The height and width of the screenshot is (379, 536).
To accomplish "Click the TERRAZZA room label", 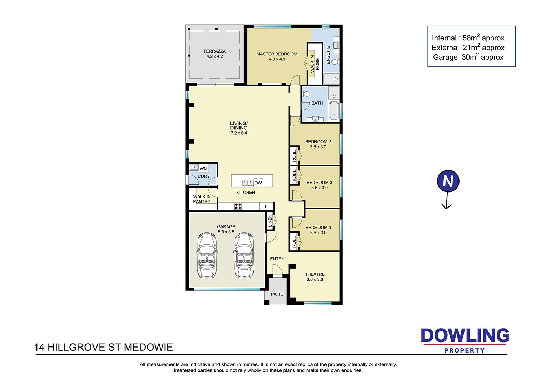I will tap(214, 51).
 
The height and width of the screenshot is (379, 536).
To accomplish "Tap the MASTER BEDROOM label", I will tap(277, 54).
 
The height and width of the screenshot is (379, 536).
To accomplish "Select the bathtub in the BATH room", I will tap(334, 110).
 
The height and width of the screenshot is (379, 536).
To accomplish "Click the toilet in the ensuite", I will tap(335, 62).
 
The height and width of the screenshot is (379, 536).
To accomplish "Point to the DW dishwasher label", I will tap(258, 183).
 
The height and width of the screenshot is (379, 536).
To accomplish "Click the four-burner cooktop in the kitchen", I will tap(238, 206).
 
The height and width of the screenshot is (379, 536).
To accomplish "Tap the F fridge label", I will tap(266, 206).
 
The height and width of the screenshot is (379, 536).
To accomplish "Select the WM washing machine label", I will tap(203, 169).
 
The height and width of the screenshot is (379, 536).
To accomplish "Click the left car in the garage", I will tap(207, 255).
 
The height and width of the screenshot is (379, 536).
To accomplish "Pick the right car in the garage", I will tap(244, 255).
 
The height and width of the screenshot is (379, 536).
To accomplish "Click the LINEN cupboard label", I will tap(270, 221).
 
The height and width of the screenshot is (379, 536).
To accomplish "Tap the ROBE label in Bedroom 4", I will tap(294, 242).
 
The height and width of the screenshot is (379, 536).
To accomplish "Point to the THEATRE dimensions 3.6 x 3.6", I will tap(315, 280).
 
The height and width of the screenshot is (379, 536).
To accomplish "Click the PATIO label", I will tap(277, 294).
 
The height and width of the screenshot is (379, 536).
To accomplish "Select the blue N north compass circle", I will tap(448, 181).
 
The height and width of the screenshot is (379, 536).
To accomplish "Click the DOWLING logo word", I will tap(465, 336).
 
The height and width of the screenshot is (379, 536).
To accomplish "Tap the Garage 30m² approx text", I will tap(468, 57).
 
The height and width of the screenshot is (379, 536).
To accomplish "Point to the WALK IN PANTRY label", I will tap(202, 199).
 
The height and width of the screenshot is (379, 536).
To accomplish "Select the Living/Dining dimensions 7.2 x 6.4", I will tap(239, 133).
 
